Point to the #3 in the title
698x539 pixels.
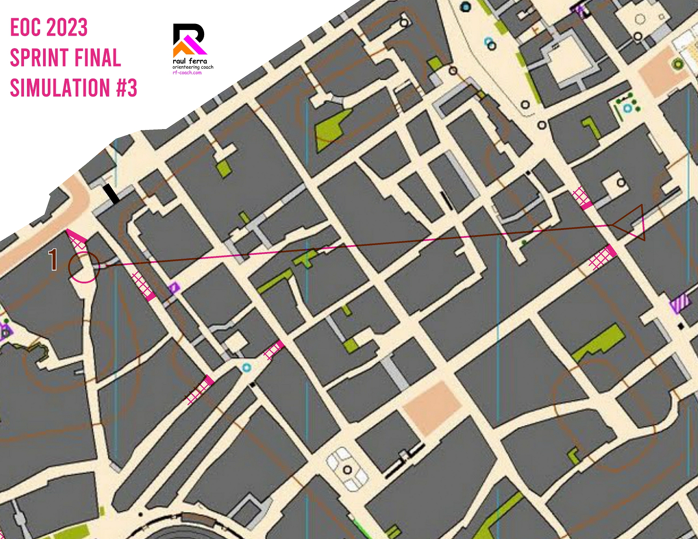pos(127,88)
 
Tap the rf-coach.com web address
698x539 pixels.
pos(187,73)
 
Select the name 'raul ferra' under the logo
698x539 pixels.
pos(190,61)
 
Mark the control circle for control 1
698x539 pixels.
pos(84,267)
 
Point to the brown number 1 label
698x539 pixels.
pos(53,260)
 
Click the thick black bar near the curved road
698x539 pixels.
pos(111,194)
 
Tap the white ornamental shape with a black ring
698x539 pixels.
pos(347,469)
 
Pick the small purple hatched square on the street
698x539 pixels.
pos(174,287)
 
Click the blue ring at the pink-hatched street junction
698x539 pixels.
pos(247,368)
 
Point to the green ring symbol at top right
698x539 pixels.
pos(678,64)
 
